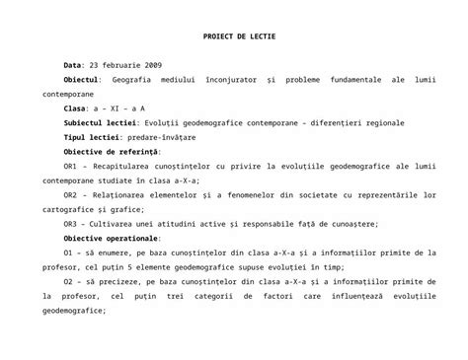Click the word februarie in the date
click(x=122, y=63)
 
